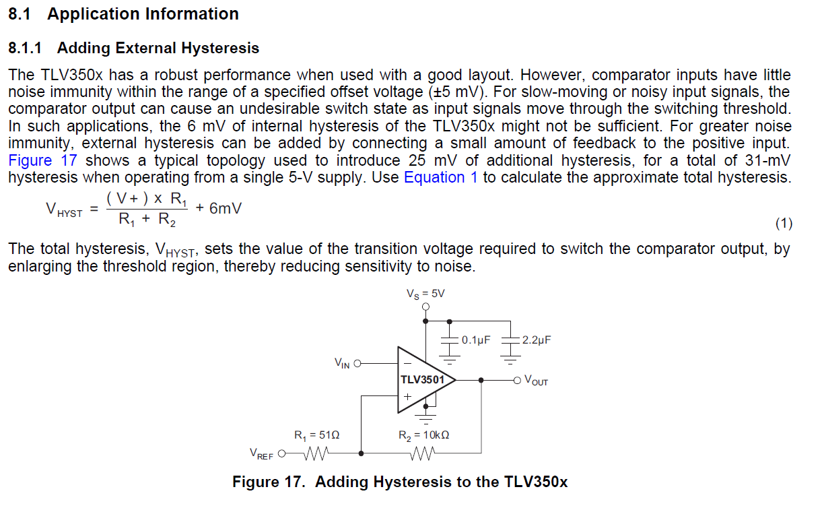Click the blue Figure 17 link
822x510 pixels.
coord(42,160)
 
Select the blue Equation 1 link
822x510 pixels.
coord(441,178)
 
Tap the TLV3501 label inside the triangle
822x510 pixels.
coord(422,380)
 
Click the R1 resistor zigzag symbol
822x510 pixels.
coord(316,453)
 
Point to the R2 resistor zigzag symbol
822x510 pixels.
coord(422,453)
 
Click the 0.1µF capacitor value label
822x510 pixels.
coord(476,340)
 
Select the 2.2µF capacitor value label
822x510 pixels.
coord(537,340)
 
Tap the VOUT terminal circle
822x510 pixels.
coord(517,381)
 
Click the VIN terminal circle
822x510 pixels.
coord(357,364)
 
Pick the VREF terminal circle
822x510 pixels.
coord(282,453)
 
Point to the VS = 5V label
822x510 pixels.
coord(425,294)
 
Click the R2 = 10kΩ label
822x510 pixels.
coord(424,435)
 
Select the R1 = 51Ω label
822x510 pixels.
coord(316,435)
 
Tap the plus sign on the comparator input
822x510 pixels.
coord(407,397)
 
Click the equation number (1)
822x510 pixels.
coord(784,223)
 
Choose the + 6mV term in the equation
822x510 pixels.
coord(219,208)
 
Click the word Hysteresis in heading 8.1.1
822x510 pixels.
coord(220,48)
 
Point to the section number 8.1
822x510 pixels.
coord(20,14)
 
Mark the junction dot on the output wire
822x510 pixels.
coord(481,381)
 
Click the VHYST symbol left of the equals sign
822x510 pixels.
coord(64,210)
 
